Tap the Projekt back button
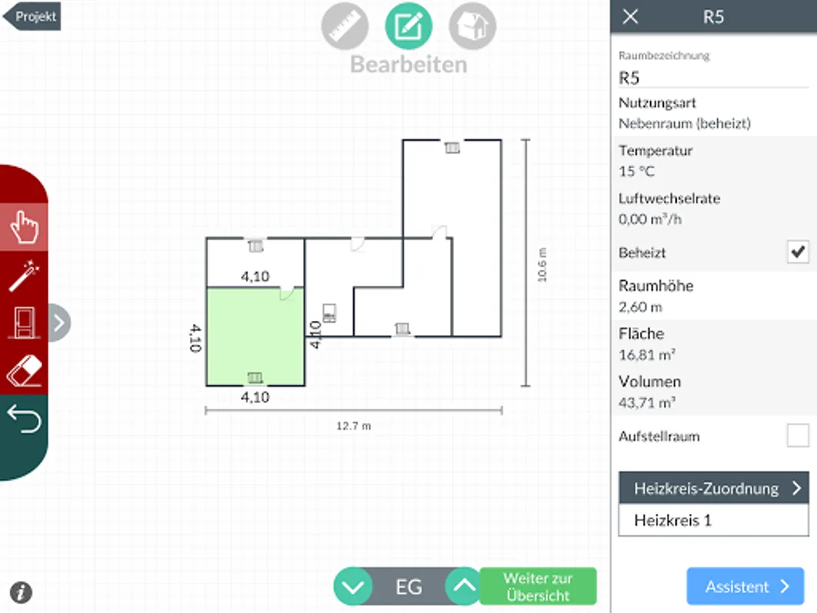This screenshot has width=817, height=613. tap(33, 16)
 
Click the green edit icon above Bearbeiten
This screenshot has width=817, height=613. tap(408, 27)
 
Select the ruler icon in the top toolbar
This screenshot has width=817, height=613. tap(345, 27)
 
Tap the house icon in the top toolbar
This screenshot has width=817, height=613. tap(472, 27)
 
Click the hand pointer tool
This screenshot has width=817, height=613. tap(25, 227)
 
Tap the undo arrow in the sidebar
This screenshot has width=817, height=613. tap(25, 419)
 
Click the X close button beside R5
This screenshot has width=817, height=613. tap(630, 17)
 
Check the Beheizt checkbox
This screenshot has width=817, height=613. tap(797, 252)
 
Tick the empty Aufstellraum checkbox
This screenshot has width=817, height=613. tap(797, 435)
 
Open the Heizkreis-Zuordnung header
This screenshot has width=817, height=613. tap(714, 488)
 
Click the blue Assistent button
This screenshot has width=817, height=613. tap(746, 586)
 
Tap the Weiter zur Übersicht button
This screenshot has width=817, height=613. tap(538, 586)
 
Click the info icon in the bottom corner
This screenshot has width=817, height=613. tap(21, 592)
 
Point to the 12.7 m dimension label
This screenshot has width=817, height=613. tap(354, 426)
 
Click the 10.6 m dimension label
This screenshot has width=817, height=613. tap(542, 264)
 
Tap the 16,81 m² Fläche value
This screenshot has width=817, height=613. tap(647, 355)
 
